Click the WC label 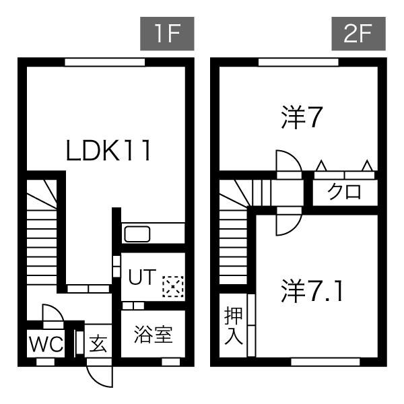pyautogui.click(x=45, y=345)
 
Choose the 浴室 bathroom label pyautogui.click(x=153, y=335)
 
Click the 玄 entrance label pyautogui.click(x=98, y=344)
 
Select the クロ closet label pyautogui.click(x=344, y=192)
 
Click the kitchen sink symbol pyautogui.click(x=138, y=234)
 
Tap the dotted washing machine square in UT pyautogui.click(x=172, y=287)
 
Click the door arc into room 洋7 pyautogui.click(x=286, y=161)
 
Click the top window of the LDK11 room pyautogui.click(x=105, y=62)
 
